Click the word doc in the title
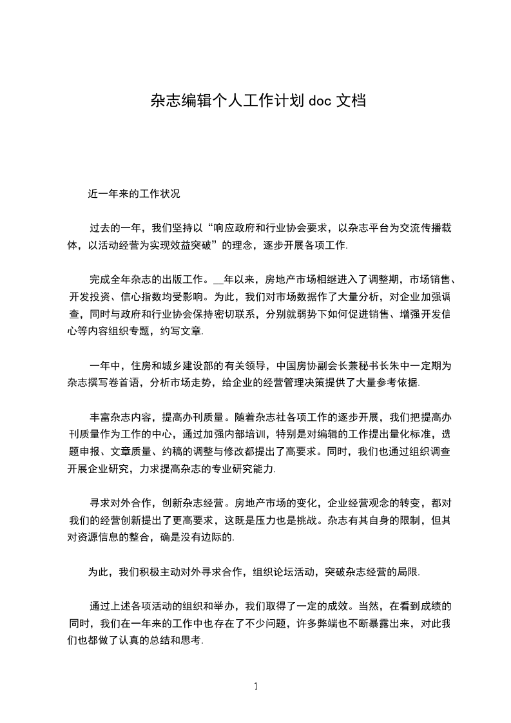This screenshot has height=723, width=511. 319,101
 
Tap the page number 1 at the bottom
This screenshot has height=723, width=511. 256,686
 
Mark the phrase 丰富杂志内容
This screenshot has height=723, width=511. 121,418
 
